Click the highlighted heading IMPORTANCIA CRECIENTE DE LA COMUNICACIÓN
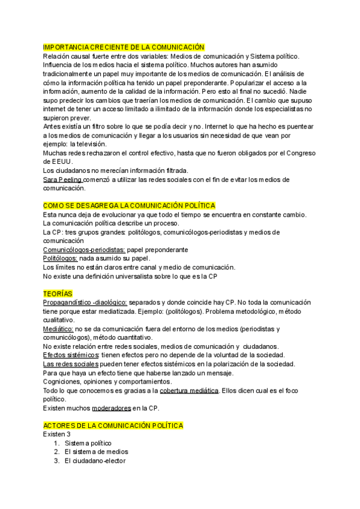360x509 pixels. pos(124,47)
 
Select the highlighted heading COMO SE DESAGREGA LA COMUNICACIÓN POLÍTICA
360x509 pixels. pos(129,206)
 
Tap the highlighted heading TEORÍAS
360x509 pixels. pos(58,294)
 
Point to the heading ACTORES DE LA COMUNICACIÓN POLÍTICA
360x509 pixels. pos(113,426)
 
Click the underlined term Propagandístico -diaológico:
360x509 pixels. pos(85,303)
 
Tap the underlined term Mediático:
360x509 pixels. pos(58,329)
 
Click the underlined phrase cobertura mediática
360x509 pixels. pos(189,391)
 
